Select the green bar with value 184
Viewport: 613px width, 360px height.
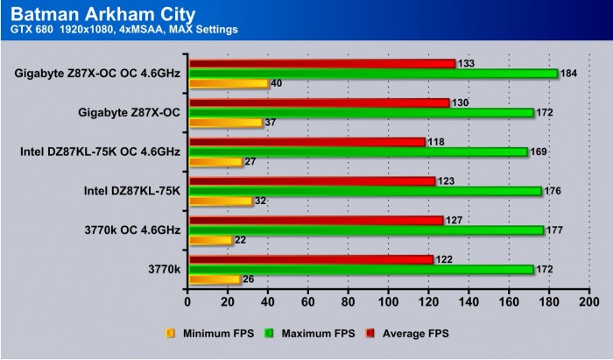click(373, 74)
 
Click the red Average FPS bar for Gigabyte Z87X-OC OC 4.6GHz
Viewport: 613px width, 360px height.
click(322, 63)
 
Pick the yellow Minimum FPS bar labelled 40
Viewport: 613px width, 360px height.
click(228, 84)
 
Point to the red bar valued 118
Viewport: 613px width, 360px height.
click(306, 142)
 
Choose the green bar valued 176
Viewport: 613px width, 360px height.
click(365, 191)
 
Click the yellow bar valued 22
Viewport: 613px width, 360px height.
click(210, 241)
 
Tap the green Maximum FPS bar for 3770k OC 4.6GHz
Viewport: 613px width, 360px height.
click(366, 230)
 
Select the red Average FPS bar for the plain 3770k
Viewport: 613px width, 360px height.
click(311, 259)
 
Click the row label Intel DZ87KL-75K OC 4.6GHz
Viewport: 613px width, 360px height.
click(99, 152)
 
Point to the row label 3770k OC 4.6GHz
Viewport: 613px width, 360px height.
click(130, 229)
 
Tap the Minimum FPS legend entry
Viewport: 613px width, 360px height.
click(208, 333)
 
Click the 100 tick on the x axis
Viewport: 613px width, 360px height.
click(389, 302)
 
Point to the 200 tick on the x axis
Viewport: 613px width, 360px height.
click(589, 302)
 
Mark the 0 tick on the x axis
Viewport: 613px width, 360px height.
click(188, 302)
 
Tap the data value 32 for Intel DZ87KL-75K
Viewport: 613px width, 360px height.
click(260, 201)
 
